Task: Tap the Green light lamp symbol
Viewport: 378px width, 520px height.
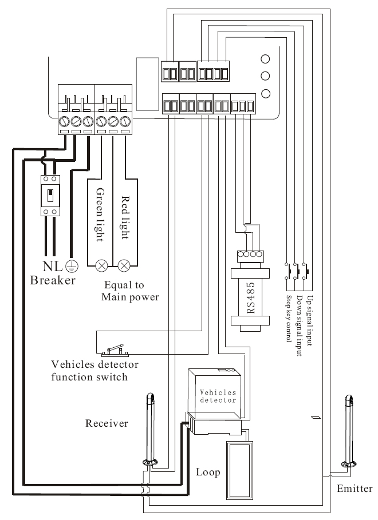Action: click(x=103, y=265)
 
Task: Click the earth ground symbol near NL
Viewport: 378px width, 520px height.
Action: click(x=72, y=266)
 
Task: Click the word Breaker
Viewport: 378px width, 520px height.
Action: click(x=53, y=280)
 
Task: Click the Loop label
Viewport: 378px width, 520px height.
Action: click(x=208, y=473)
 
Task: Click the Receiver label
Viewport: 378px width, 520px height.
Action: click(x=107, y=423)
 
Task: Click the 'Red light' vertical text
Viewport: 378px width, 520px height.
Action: click(x=125, y=217)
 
